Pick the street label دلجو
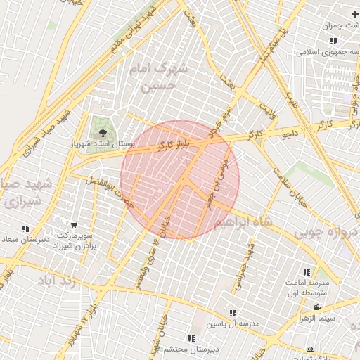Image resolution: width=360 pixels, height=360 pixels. point(289,131)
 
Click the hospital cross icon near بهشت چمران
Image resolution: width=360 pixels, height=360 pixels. point(354,14)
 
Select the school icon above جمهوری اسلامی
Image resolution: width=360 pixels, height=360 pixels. point(333,41)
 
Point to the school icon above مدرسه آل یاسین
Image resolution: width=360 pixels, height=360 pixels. point(233,313)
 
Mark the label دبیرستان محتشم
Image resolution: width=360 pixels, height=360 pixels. point(173,349)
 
